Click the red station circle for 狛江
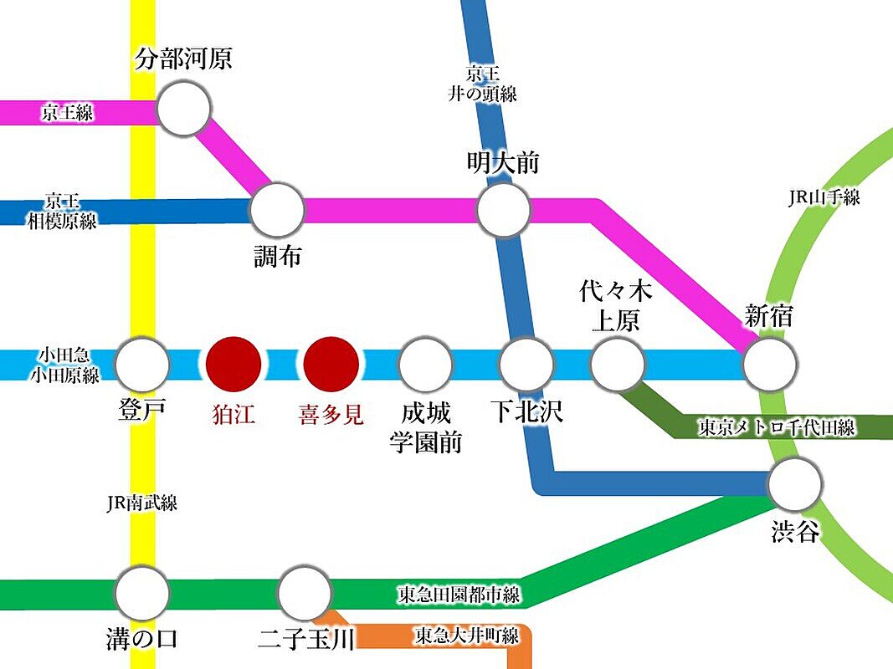click(234, 365)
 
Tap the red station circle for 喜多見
click(331, 365)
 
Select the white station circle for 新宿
click(770, 365)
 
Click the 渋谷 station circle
click(795, 483)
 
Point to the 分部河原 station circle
click(184, 109)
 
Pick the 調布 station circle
click(277, 210)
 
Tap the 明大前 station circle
click(504, 210)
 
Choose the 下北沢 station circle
click(526, 365)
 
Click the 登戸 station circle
click(141, 365)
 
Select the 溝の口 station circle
click(141, 593)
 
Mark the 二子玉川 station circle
click(305, 593)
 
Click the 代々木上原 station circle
click(618, 365)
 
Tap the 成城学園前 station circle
click(425, 365)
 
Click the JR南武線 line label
click(141, 503)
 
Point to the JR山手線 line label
click(824, 198)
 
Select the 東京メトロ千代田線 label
click(777, 427)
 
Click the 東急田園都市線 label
click(458, 595)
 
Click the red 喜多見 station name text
click(331, 416)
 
